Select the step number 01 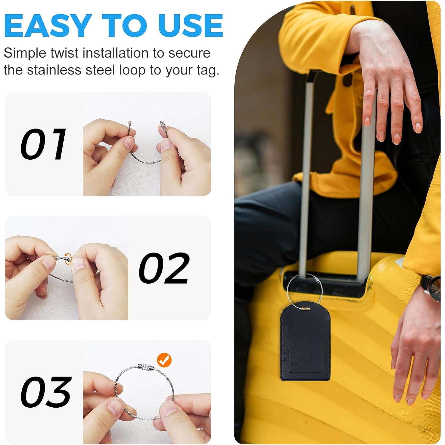coord(43,144)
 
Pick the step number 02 coord(164,268)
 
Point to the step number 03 coord(46,392)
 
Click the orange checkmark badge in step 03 coord(164,360)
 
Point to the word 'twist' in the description coord(64,53)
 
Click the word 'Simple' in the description coord(25,53)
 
